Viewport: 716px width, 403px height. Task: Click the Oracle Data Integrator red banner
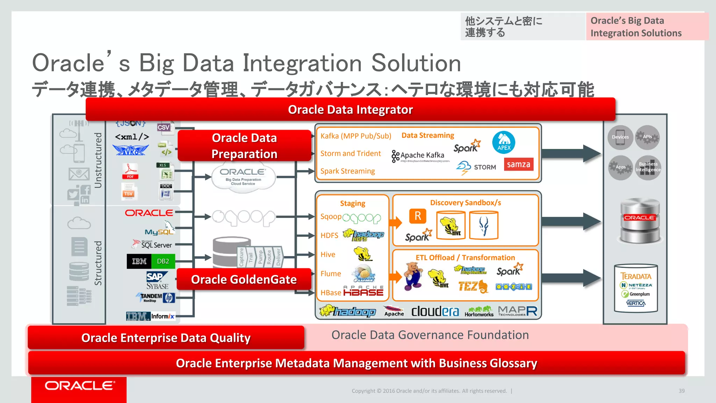tap(350, 109)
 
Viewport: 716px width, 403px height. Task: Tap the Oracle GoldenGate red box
tap(244, 279)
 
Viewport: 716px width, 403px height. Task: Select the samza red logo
tap(518, 164)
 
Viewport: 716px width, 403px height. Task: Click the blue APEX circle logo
tap(503, 142)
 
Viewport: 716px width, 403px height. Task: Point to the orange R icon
tap(418, 216)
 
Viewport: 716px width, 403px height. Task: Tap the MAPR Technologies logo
tap(517, 311)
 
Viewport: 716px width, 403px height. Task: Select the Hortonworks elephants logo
tap(479, 311)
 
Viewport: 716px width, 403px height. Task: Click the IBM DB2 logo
tap(151, 261)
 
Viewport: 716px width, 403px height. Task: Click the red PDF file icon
tap(130, 171)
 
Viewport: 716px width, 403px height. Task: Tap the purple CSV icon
tap(164, 127)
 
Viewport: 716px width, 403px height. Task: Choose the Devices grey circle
tap(620, 137)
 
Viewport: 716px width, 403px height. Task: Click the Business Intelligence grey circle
tap(648, 167)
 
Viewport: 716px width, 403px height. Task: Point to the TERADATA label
tap(636, 276)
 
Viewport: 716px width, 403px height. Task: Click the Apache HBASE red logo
tap(363, 291)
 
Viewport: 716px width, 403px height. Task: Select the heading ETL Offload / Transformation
tap(465, 257)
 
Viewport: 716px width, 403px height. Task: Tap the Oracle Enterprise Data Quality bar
tap(166, 338)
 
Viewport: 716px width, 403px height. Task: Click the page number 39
tap(681, 391)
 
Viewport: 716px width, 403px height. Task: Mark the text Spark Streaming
tap(348, 171)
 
